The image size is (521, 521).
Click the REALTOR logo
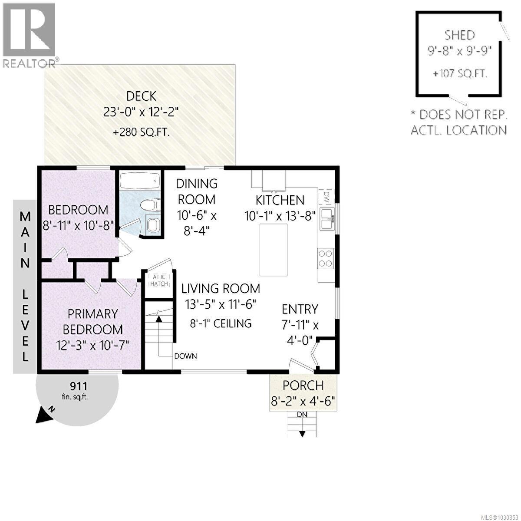pyautogui.click(x=29, y=35)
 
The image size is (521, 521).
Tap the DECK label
pyautogui.click(x=141, y=96)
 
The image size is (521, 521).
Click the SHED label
pyautogui.click(x=459, y=35)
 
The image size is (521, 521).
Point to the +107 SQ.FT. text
pyautogui.click(x=460, y=74)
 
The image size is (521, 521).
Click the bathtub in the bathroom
pyautogui.click(x=139, y=181)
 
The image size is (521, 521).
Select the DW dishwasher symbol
pyautogui.click(x=325, y=197)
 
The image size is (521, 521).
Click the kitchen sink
pyautogui.click(x=326, y=218)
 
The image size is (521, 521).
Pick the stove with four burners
pyautogui.click(x=326, y=258)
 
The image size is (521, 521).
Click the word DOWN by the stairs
pyautogui.click(x=185, y=356)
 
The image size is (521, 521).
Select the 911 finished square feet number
pyautogui.click(x=79, y=386)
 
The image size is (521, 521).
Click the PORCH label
pyautogui.click(x=303, y=385)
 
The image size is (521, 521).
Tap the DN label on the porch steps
pyautogui.click(x=302, y=414)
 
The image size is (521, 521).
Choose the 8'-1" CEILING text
pyautogui.click(x=221, y=323)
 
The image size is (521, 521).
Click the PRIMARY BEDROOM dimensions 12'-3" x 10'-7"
pyautogui.click(x=92, y=345)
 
